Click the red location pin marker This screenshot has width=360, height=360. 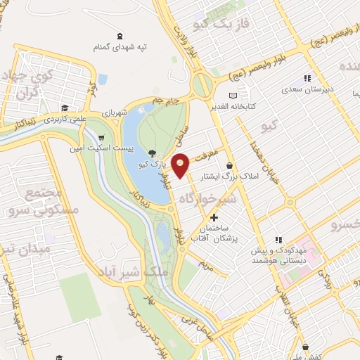(181, 166)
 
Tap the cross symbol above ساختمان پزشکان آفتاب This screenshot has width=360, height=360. (214, 217)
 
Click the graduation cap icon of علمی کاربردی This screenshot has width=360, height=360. (64, 108)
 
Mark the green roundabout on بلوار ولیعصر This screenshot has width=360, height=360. (203, 86)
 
